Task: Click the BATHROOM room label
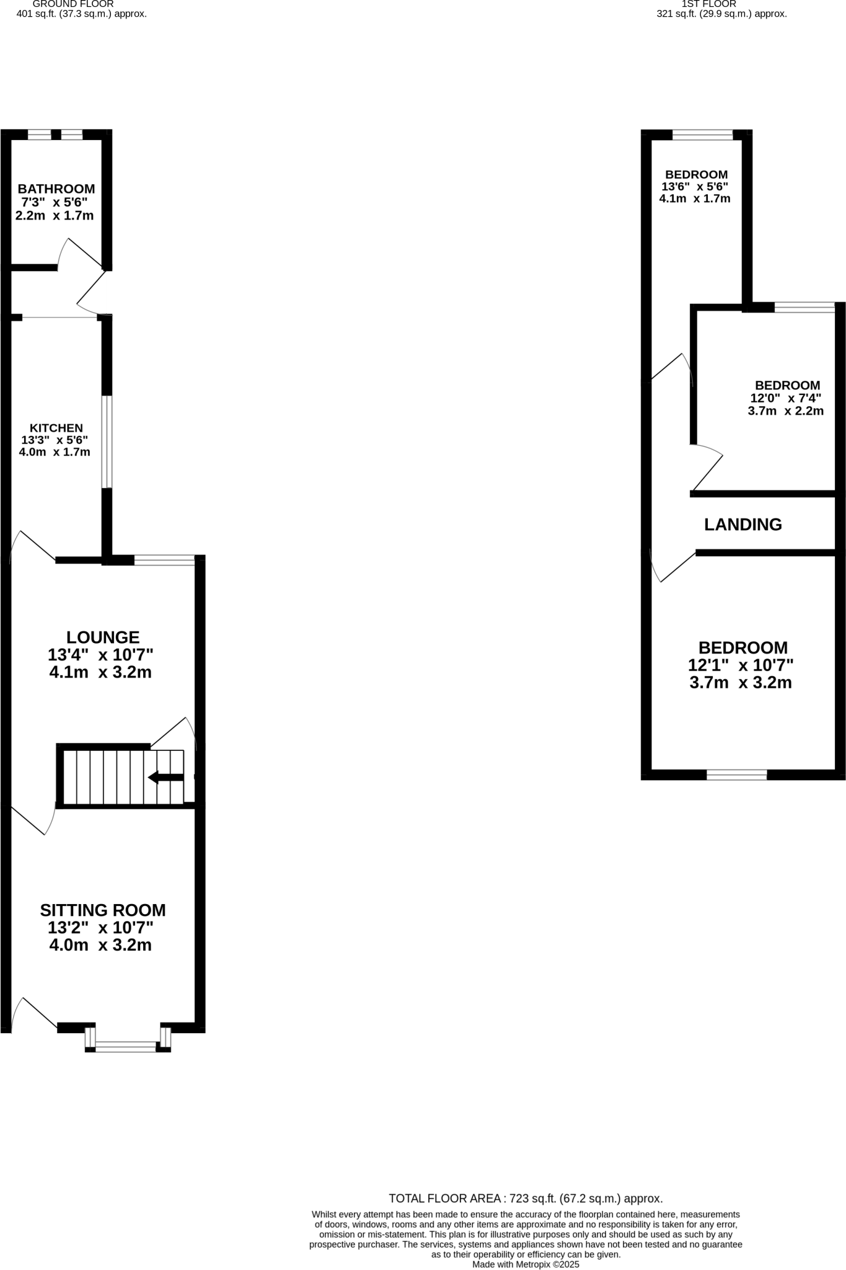(x=56, y=189)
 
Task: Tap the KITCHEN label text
(x=56, y=428)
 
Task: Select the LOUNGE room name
(x=103, y=637)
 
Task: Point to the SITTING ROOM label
(x=103, y=910)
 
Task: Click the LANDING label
(x=742, y=525)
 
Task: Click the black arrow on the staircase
(x=165, y=777)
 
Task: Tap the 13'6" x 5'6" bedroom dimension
(x=694, y=187)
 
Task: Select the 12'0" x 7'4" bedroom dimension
(x=785, y=398)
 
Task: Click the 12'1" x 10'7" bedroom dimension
(x=741, y=665)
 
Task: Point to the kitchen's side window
(x=107, y=442)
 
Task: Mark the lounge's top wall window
(x=164, y=560)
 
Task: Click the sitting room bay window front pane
(x=126, y=1047)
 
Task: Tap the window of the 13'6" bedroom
(x=702, y=135)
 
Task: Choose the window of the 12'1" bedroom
(x=736, y=774)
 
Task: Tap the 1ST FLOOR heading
(x=708, y=4)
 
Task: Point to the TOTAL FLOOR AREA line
(x=526, y=1199)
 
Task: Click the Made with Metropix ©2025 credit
(x=526, y=1264)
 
